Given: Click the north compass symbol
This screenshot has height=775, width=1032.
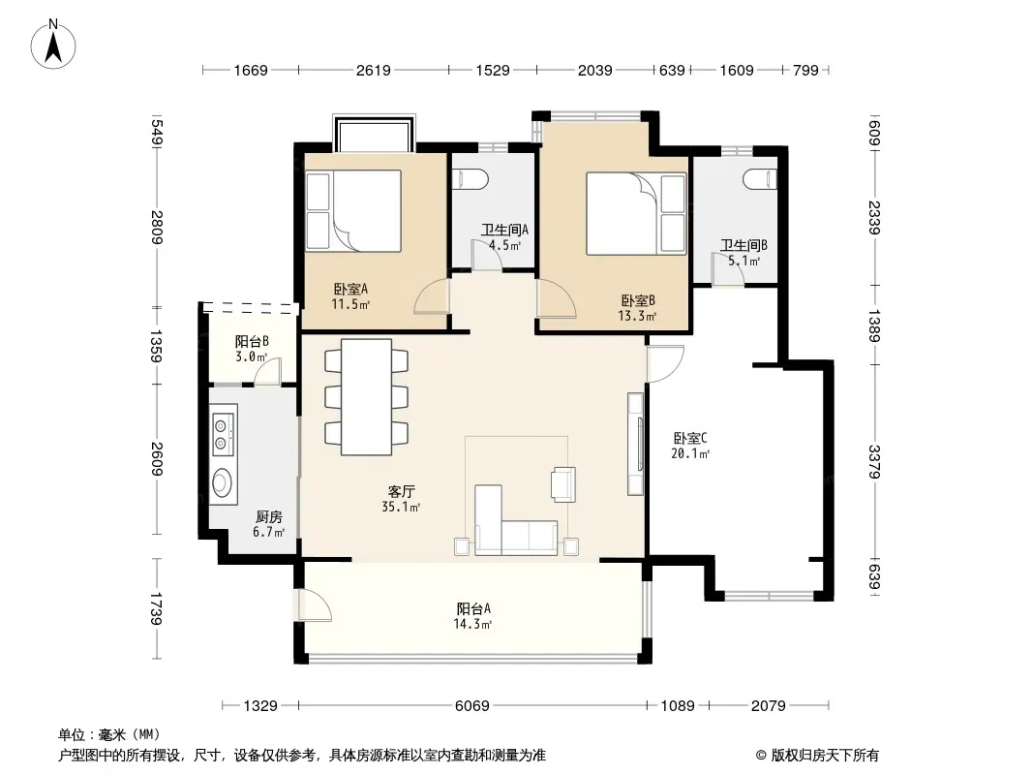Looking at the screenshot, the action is click(x=53, y=44).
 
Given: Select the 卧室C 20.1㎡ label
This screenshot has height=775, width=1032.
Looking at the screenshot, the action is click(x=689, y=445).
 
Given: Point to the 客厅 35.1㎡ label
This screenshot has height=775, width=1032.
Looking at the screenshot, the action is click(x=401, y=499).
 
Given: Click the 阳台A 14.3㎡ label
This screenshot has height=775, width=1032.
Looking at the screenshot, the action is click(x=473, y=616).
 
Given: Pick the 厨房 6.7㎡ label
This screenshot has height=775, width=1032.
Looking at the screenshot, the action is click(x=268, y=523).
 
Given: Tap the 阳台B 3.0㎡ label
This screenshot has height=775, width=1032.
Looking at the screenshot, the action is click(x=252, y=349).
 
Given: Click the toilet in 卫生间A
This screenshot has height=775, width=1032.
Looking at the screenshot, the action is click(x=472, y=178).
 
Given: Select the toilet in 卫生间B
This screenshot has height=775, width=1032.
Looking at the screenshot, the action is click(x=760, y=178).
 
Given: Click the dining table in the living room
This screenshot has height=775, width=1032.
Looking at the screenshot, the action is click(x=367, y=396).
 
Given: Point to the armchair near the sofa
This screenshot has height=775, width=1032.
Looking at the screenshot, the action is click(x=563, y=484).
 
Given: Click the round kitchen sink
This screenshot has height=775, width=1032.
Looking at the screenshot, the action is click(x=223, y=482).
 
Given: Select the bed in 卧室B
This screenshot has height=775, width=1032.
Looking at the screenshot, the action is click(x=636, y=213).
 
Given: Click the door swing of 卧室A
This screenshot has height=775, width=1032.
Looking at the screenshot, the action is click(x=431, y=296).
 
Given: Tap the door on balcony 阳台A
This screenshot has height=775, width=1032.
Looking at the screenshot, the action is click(x=314, y=604).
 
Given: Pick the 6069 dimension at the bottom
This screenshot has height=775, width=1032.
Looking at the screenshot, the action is click(x=471, y=706).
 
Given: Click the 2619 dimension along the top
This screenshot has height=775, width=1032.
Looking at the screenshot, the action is click(x=373, y=70).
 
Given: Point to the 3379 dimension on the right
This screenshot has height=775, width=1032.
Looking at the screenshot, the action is click(x=874, y=462).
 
